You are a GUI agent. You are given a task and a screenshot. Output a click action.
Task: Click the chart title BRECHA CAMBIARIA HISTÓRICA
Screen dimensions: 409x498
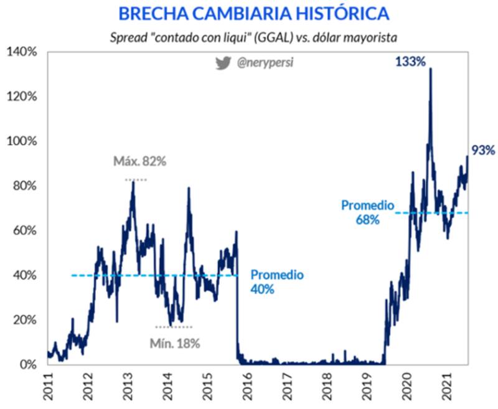(254, 13)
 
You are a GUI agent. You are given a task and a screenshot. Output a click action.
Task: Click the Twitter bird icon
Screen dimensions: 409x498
(223, 63)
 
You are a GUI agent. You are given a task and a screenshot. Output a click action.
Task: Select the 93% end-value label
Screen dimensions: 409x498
(483, 150)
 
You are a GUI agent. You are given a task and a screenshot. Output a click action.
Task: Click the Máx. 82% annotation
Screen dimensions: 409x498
(140, 162)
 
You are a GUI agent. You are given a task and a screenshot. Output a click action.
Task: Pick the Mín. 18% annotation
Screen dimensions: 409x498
(175, 343)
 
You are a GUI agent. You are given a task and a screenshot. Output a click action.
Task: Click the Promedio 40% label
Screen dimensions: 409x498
(276, 281)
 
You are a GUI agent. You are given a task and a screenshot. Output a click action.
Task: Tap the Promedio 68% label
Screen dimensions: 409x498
(368, 212)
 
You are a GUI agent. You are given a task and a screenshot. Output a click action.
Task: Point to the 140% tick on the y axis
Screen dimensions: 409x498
(22, 52)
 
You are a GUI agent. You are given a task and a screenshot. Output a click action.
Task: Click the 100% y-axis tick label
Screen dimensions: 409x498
(22, 141)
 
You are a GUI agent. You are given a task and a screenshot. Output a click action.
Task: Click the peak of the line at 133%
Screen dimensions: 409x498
(430, 69)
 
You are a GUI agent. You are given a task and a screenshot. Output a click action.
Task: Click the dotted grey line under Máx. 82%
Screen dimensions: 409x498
(136, 180)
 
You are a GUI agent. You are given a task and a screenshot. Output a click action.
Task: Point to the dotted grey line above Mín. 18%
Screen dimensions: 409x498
(174, 327)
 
